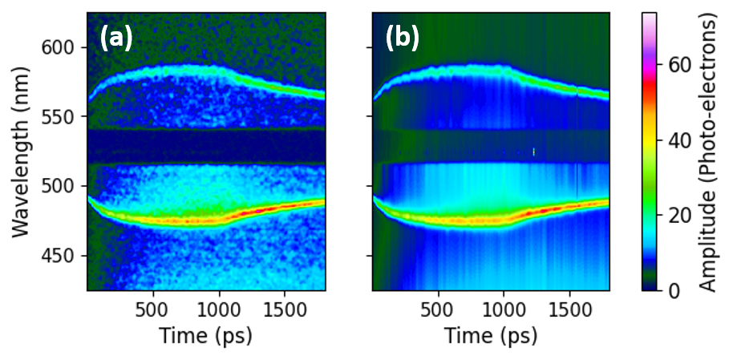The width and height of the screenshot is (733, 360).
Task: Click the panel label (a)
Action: coord(116,38)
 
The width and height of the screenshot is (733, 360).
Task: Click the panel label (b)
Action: coord(402,38)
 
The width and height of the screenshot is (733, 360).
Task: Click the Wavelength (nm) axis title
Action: coord(22,152)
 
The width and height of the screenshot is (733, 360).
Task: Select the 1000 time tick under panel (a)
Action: coord(219,309)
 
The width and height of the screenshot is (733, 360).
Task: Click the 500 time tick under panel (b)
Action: coord(439,309)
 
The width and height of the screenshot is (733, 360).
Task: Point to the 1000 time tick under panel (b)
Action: coord(504,309)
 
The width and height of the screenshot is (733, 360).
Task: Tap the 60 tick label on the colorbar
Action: coord(678,65)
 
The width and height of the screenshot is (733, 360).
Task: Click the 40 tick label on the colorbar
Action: coord(678,140)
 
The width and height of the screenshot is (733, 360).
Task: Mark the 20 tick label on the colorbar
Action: coord(678,215)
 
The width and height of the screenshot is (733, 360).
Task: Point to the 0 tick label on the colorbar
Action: coord(673,290)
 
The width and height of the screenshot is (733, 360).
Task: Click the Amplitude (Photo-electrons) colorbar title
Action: coord(709,152)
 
